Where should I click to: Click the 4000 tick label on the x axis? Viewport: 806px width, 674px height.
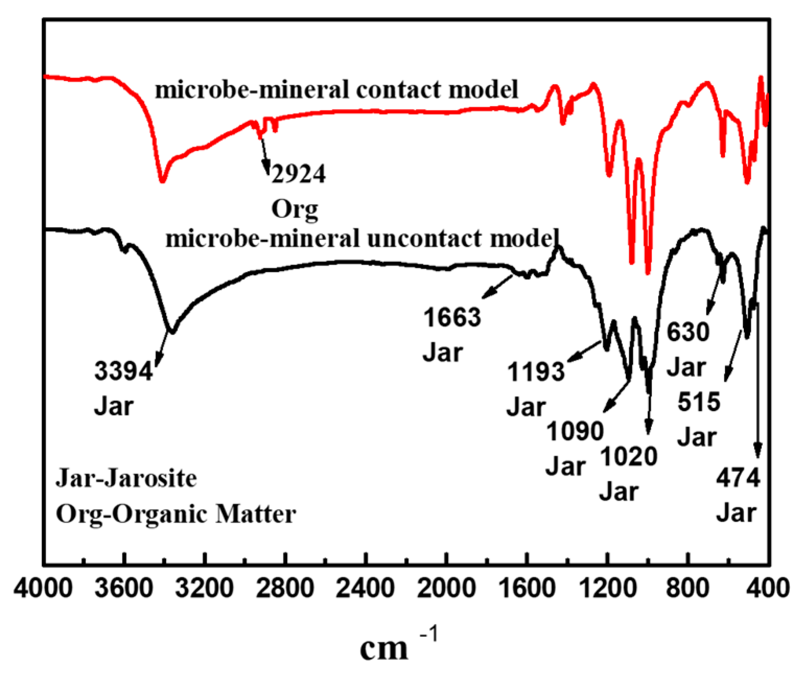[43, 588]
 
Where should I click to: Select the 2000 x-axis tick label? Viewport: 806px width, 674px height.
[446, 588]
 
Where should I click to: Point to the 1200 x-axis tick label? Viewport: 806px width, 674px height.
[608, 588]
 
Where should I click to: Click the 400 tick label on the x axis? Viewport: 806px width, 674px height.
[768, 588]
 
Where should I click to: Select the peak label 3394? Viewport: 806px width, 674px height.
[124, 372]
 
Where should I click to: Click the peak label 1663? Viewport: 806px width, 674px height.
[452, 317]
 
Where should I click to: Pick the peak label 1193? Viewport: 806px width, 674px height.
[536, 372]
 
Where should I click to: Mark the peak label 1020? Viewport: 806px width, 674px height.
[629, 457]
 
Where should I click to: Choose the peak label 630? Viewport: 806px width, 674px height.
[688, 332]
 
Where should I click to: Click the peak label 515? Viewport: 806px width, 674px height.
[699, 402]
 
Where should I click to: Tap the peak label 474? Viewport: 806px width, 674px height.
[738, 478]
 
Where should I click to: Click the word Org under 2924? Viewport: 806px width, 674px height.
[294, 209]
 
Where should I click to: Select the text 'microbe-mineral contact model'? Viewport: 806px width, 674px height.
[337, 89]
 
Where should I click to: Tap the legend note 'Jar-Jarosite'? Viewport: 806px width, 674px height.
[126, 478]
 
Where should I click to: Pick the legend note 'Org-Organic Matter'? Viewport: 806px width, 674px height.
[176, 514]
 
